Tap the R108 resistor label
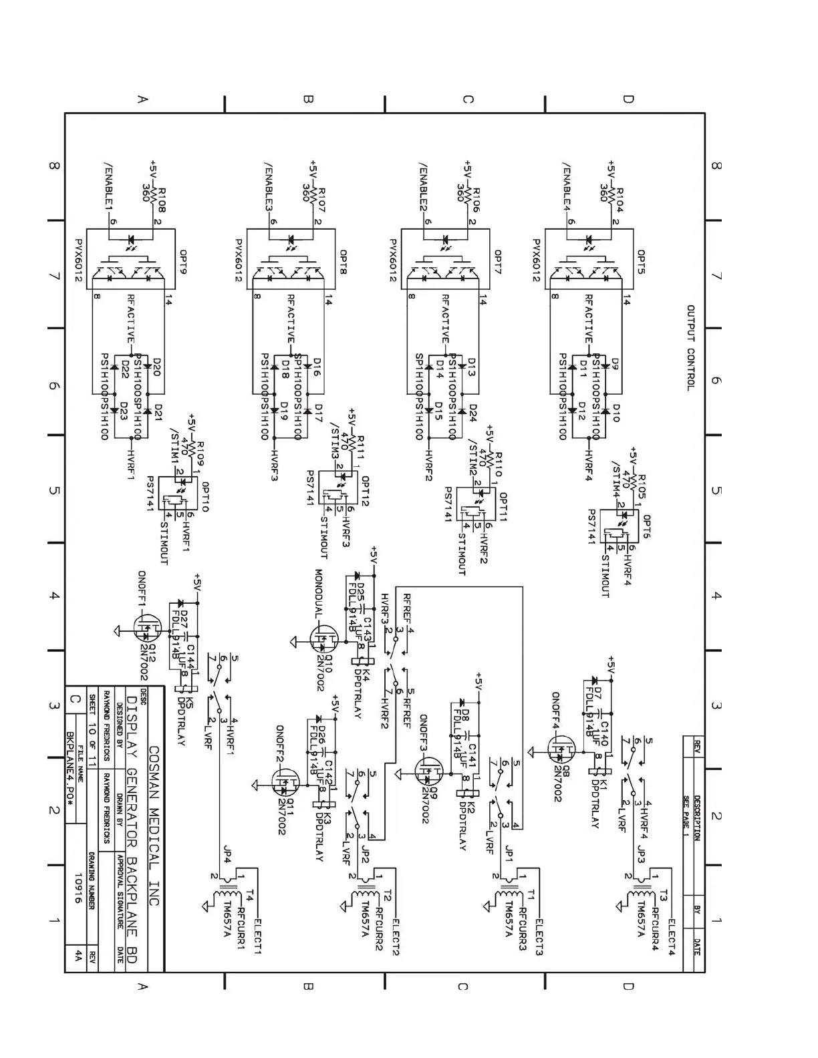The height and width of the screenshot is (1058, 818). [x=162, y=200]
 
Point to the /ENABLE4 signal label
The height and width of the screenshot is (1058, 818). [x=566, y=186]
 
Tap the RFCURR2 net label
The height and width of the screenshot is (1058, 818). [x=379, y=928]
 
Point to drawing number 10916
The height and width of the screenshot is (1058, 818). [x=78, y=888]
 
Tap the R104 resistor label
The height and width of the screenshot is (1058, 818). [x=620, y=200]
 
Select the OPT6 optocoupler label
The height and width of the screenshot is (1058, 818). [x=646, y=526]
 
